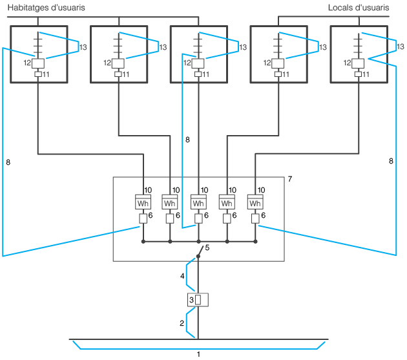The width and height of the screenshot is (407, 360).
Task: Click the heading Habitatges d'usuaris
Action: pyautogui.click(x=47, y=8)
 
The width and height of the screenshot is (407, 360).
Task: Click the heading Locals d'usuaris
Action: pyautogui.click(x=359, y=8)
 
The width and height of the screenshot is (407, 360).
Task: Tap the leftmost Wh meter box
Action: pyautogui.click(x=143, y=202)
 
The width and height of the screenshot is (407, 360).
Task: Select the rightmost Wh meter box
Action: pyautogui.click(x=255, y=202)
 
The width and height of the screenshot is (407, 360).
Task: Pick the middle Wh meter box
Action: pyautogui.click(x=198, y=202)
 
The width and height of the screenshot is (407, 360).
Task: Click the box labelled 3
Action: pyautogui.click(x=198, y=300)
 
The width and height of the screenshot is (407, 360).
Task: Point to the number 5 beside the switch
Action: pyautogui.click(x=207, y=248)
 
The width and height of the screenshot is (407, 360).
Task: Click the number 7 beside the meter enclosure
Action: pyautogui.click(x=290, y=179)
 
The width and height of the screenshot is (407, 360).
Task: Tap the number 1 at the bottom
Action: pyautogui.click(x=198, y=354)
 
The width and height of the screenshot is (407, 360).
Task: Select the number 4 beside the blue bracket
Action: pyautogui.click(x=182, y=276)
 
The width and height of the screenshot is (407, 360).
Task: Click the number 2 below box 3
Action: pyautogui.click(x=182, y=323)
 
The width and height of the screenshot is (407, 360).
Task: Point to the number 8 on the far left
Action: pyautogui.click(x=8, y=162)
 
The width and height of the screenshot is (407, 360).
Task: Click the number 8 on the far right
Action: pyautogui.click(x=391, y=161)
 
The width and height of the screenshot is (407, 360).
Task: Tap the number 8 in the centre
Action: pyautogui.click(x=187, y=140)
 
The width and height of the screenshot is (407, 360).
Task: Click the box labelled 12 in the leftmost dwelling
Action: pyautogui.click(x=38, y=63)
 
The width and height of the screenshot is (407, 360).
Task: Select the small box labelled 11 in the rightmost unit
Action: pyautogui.click(x=358, y=74)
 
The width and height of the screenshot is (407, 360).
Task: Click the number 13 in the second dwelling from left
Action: pyautogui.click(x=163, y=47)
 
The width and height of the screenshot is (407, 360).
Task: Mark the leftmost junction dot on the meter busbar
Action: pyautogui.click(x=143, y=242)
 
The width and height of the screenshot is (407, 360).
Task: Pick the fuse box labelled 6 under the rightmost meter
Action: pyautogui.click(x=255, y=218)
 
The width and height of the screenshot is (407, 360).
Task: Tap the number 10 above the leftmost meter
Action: pyautogui.click(x=148, y=190)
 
